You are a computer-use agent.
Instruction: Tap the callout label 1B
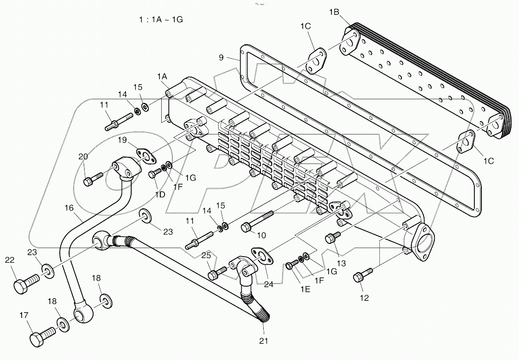[x=334, y=13]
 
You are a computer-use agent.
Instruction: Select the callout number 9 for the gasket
[x=220, y=58]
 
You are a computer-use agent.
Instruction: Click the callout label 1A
[x=162, y=76]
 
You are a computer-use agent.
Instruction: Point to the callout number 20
[x=83, y=157]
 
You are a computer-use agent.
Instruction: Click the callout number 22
[x=10, y=260]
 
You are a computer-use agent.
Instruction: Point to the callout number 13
[x=341, y=264]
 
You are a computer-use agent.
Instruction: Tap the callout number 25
[x=206, y=255]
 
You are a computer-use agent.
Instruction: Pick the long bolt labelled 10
[x=257, y=221]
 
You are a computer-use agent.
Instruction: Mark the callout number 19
[x=121, y=140]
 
